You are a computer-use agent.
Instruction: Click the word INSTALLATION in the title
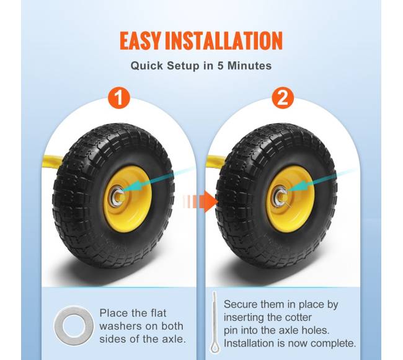224,40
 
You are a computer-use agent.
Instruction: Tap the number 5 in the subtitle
221,66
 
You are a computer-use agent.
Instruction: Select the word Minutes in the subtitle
249,66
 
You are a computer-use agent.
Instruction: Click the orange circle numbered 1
119,98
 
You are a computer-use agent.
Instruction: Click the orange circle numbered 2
283,98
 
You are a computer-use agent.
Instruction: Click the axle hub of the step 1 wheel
118,196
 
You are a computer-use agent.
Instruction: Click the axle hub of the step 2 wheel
281,196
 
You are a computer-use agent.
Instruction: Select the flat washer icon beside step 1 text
74,325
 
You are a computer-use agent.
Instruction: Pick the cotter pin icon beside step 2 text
215,323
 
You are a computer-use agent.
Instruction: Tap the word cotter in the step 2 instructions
296,317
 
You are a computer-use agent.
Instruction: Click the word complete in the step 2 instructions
335,343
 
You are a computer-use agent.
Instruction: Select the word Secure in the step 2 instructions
240,304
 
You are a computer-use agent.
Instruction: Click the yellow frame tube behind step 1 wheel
53,160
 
